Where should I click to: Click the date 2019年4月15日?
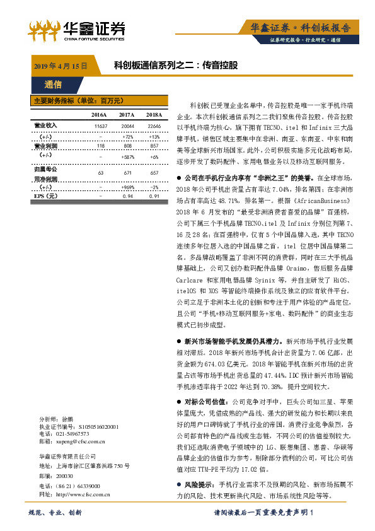click(59, 65)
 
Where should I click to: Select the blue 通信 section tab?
click(53, 85)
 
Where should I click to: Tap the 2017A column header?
click(127, 115)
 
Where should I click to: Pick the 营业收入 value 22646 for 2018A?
click(154, 126)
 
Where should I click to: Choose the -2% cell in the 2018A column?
click(154, 187)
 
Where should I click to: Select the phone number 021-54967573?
click(72, 434)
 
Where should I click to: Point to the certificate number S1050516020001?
click(91, 426)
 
